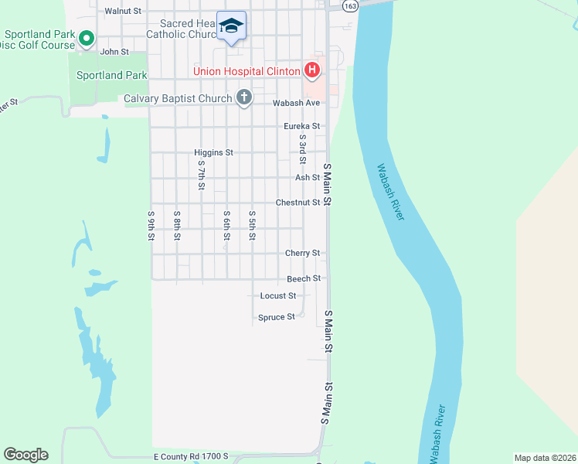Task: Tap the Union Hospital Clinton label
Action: point(246,72)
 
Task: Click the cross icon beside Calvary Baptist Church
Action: point(244,98)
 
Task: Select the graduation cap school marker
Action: point(231,26)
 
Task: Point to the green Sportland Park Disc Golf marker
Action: point(87,37)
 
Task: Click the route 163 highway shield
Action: point(351,5)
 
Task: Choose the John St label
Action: point(113,52)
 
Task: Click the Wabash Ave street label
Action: point(296,103)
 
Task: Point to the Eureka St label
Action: point(301,126)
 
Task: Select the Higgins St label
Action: point(213,153)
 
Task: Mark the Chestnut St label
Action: point(298,203)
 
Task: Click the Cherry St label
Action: point(302,253)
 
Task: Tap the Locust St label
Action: point(278,296)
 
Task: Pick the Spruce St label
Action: point(276,317)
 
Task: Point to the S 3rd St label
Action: point(303,147)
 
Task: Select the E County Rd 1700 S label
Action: point(191,457)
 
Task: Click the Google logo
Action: point(25,455)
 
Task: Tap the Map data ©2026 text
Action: point(545,458)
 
